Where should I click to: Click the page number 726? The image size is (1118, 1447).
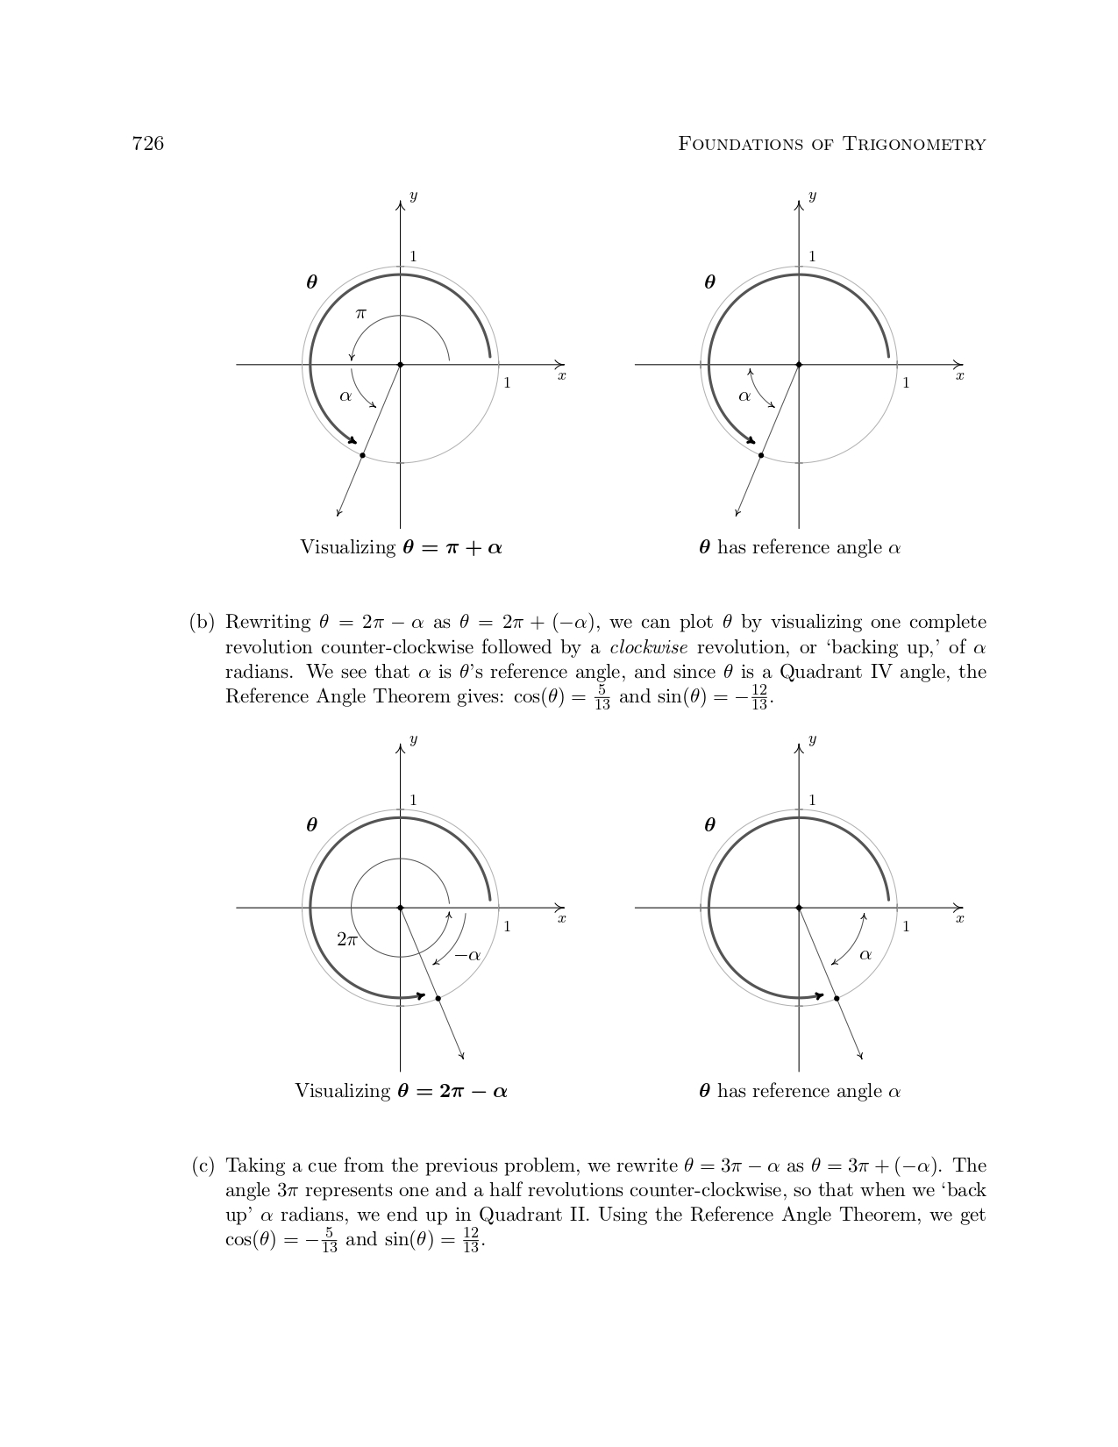[148, 144]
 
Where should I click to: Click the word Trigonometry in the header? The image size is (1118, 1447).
[915, 145]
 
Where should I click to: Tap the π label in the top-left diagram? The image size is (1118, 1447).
[360, 313]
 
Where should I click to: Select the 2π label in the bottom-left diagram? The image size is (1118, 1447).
[347, 939]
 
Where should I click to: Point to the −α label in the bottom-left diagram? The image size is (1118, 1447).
[468, 955]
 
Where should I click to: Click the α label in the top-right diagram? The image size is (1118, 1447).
[744, 396]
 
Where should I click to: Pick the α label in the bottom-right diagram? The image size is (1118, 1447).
[865, 955]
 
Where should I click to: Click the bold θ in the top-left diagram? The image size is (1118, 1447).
[311, 282]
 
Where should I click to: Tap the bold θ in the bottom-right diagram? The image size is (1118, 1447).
[709, 825]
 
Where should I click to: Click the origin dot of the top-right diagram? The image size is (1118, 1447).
[799, 364]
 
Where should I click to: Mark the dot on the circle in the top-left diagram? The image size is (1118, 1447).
[362, 455]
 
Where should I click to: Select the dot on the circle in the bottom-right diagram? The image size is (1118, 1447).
[837, 998]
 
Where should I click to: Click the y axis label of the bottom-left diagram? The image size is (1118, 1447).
[413, 739]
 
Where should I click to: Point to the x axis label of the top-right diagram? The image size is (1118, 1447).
[959, 375]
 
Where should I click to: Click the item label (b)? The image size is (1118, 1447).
[202, 623]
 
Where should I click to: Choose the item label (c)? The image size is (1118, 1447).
[203, 1165]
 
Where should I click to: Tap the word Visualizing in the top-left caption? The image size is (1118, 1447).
[348, 547]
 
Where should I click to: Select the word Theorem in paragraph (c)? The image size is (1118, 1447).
[883, 1215]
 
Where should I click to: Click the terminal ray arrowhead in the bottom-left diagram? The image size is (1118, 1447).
[462, 1057]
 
